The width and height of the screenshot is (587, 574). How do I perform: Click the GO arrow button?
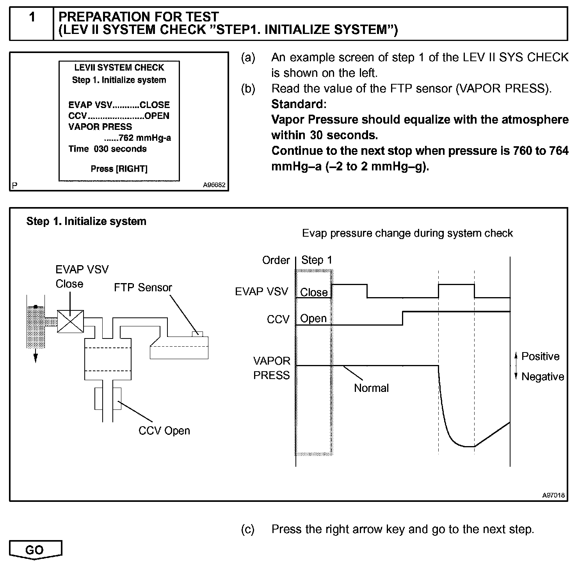click(35, 550)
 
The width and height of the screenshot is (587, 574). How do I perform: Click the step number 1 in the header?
click(32, 17)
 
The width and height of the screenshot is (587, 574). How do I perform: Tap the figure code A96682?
click(214, 185)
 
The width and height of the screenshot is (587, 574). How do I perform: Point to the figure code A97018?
click(553, 495)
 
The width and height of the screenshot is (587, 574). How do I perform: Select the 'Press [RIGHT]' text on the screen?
click(119, 169)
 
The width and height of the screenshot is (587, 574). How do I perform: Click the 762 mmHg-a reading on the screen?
click(137, 138)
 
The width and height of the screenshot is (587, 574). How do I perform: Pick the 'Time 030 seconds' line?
click(107, 149)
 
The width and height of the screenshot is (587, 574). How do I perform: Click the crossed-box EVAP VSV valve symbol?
click(70, 321)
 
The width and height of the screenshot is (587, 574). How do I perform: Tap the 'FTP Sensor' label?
click(143, 288)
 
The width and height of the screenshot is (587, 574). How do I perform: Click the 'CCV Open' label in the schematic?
click(164, 431)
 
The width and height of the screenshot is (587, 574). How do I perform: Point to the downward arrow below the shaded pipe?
click(36, 356)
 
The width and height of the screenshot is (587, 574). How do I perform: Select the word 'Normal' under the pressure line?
click(371, 388)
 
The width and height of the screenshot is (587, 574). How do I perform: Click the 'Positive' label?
click(540, 356)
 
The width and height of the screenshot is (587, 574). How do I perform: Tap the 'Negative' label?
click(543, 377)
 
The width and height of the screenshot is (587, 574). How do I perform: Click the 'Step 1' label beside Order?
click(317, 260)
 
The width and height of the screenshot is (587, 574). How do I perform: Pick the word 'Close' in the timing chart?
click(313, 292)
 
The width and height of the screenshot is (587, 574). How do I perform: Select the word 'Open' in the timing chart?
click(313, 319)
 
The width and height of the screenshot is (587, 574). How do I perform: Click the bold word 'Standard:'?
click(299, 104)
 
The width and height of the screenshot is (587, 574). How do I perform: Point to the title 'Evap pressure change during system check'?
click(407, 233)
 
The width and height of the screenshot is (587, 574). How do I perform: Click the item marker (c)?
click(248, 529)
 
